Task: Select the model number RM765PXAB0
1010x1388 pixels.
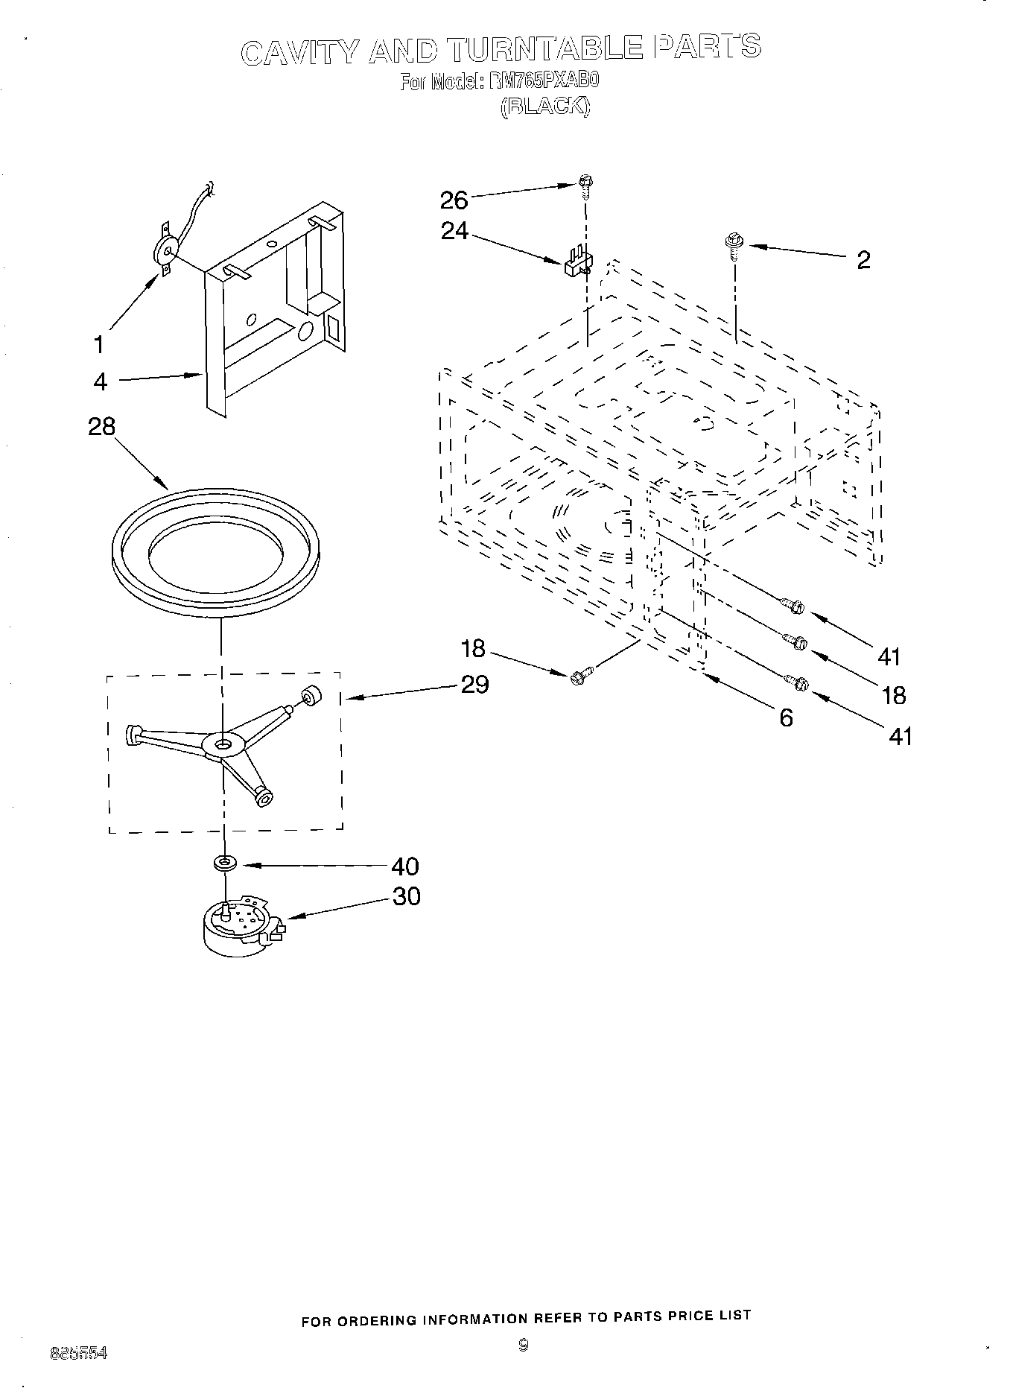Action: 544,81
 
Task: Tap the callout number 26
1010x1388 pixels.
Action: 454,200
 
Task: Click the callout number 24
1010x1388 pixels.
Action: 454,232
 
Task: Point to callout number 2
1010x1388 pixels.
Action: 863,260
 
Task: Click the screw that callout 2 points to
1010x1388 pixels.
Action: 732,244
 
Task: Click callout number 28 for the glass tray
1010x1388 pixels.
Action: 102,426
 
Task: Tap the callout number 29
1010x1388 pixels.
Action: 474,684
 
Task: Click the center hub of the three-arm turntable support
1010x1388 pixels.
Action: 223,744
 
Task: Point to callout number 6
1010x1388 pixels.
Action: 786,717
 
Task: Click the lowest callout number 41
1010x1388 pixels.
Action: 900,736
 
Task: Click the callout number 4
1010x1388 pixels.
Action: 101,381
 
